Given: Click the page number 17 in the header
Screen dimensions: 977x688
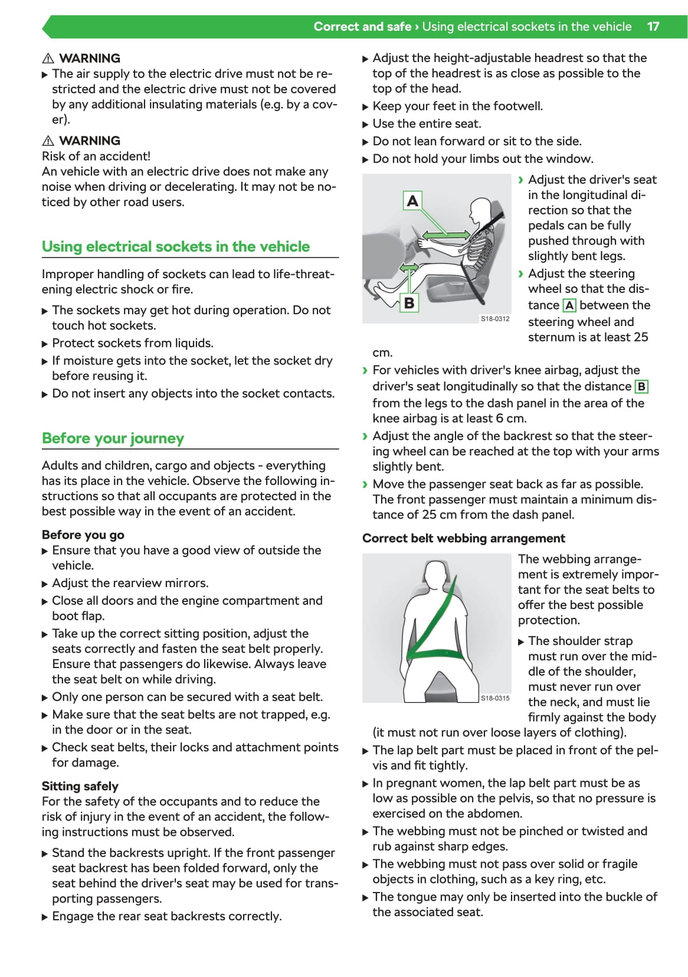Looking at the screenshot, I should pos(653,27).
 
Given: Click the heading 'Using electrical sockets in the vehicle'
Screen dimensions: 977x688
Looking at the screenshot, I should pos(175,246).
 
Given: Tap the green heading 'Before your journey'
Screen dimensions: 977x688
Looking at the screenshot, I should pos(113,438).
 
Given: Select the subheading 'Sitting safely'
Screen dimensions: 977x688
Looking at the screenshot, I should pos(80,786).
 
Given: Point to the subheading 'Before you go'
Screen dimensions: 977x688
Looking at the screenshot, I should pos(83,535).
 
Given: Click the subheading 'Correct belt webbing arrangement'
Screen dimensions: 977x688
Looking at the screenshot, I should pos(463,538).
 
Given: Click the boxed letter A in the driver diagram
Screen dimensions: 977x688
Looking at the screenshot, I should pos(412,201).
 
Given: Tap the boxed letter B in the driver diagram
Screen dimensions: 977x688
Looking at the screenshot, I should pos(409,303).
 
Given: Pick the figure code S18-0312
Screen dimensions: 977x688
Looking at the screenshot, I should pos(494,318).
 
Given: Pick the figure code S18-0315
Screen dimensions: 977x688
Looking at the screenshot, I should pos(494,698).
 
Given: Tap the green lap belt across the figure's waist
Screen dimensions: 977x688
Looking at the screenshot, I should pos(435,655).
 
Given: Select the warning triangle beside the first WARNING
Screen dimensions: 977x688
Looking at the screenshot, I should pos(48,58).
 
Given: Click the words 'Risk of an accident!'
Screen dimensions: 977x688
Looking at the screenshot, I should pos(96,156).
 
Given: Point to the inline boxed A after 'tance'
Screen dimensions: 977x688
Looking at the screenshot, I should pos(569,305).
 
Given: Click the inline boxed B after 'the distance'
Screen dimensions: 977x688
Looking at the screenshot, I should pos(641,387).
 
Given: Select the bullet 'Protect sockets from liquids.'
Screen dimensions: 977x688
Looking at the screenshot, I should pos(132,343).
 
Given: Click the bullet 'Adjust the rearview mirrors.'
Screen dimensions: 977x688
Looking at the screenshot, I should pos(130,583).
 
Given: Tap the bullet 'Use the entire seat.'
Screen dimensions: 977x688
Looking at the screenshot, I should pos(427,123).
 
